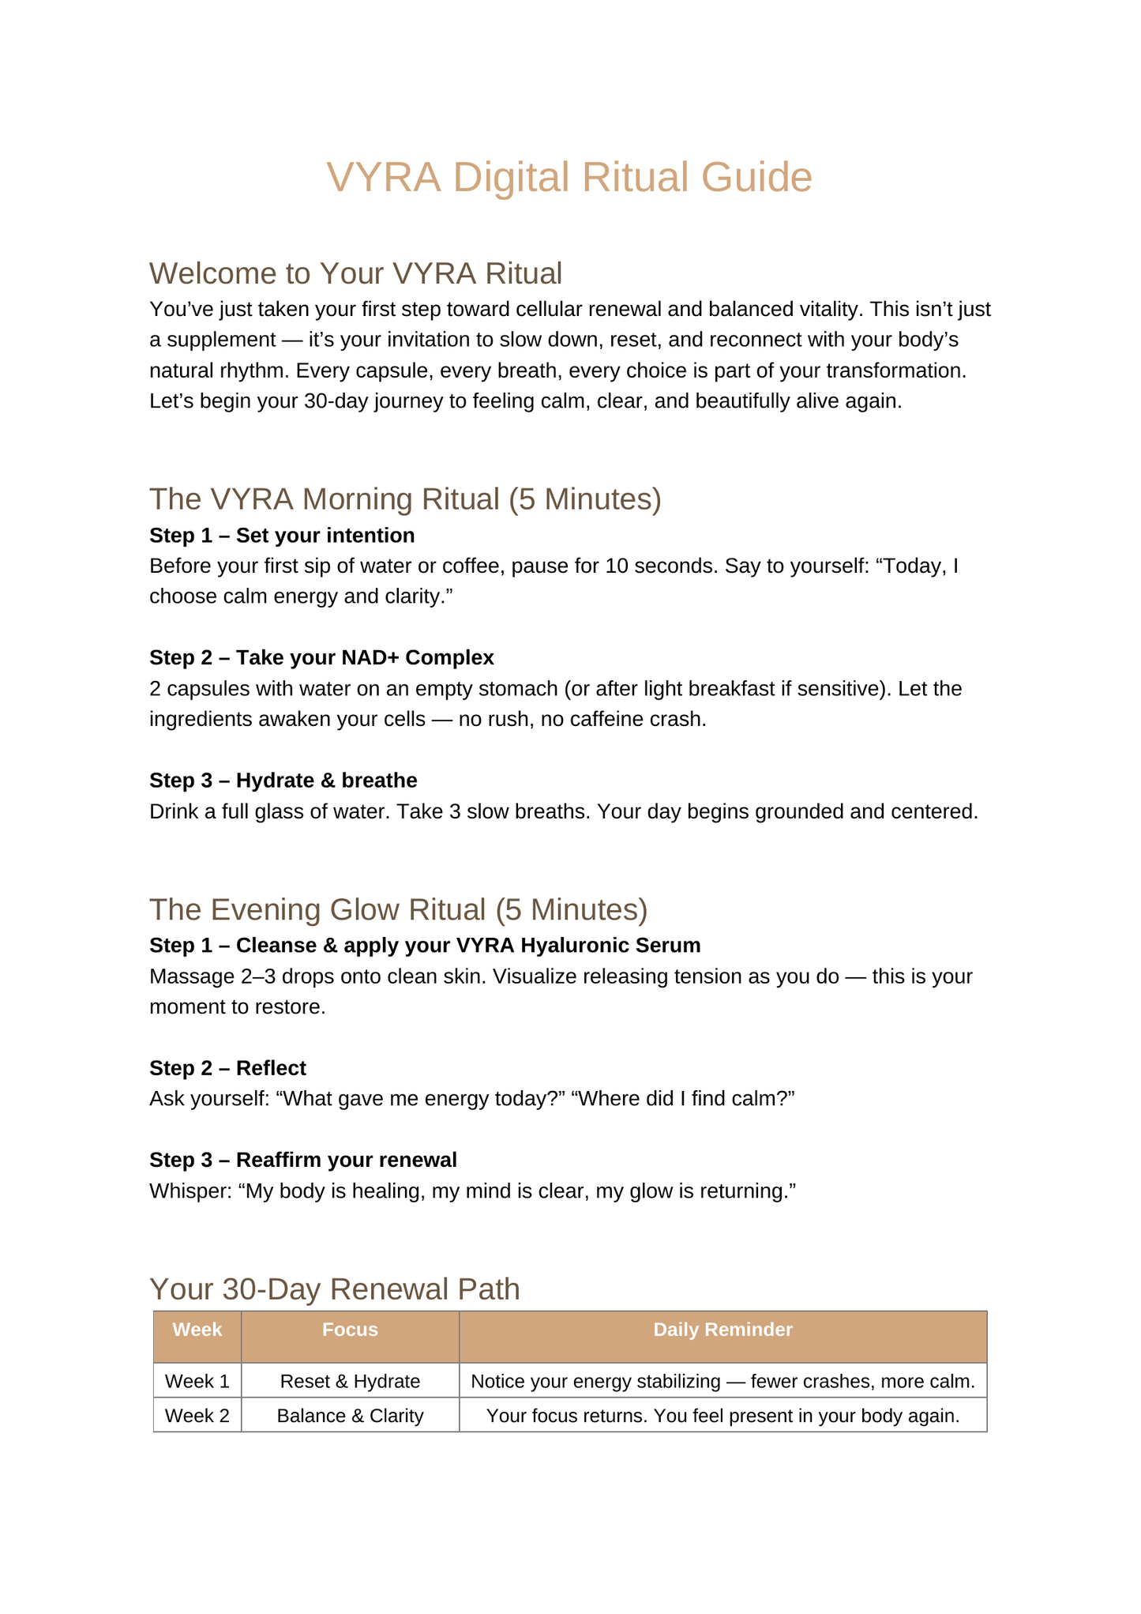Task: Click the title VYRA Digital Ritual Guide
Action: [x=569, y=177]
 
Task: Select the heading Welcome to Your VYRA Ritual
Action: [x=355, y=273]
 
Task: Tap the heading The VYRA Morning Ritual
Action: [x=405, y=499]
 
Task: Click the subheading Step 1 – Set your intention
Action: [x=282, y=536]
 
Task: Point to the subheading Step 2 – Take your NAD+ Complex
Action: [x=321, y=658]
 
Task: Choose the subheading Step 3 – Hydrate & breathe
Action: [x=283, y=781]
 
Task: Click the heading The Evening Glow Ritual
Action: [x=398, y=909]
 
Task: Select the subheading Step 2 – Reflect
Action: [x=227, y=1068]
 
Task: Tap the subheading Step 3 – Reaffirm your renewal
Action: [x=302, y=1160]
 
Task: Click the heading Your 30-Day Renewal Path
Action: [x=335, y=1289]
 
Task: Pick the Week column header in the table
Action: [x=197, y=1330]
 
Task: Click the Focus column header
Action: [x=350, y=1330]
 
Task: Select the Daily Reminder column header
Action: [x=723, y=1330]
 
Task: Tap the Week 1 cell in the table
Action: [x=197, y=1381]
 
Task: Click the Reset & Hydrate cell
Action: [x=350, y=1381]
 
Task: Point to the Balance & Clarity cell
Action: [x=350, y=1416]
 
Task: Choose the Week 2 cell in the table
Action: [x=197, y=1416]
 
